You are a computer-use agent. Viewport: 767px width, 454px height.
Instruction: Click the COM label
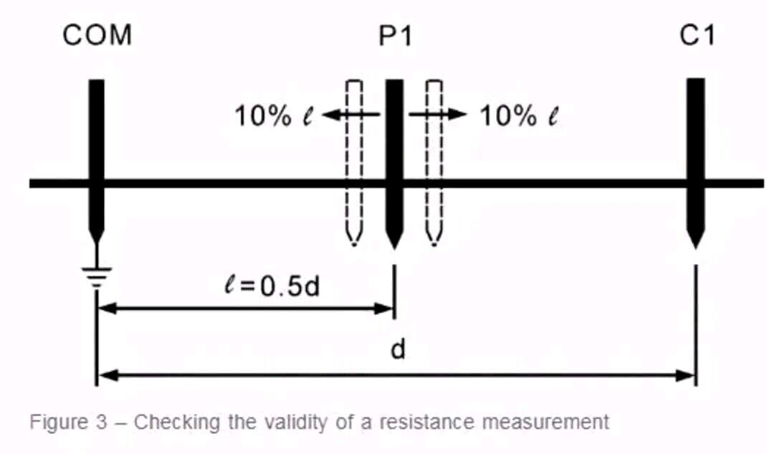97,35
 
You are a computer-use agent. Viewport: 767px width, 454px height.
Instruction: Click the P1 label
396,35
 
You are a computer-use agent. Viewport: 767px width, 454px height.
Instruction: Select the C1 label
697,35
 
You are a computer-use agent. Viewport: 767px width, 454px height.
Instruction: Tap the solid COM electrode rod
96,143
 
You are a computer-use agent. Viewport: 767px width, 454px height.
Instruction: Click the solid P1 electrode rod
394,143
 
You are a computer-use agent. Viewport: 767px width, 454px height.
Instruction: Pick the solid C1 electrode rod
695,143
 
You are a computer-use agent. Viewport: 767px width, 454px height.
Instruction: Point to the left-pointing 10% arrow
351,114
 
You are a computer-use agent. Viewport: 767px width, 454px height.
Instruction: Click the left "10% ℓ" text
275,115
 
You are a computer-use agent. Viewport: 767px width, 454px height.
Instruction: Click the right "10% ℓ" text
518,115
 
